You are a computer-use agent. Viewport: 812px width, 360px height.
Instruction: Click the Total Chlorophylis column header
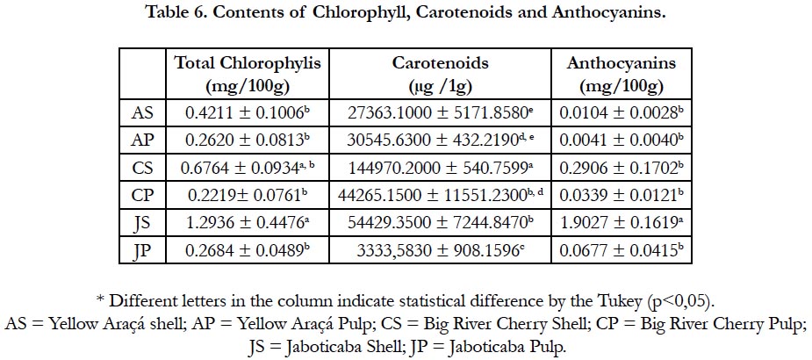tap(248, 74)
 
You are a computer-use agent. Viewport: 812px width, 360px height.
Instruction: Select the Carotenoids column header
tap(440, 74)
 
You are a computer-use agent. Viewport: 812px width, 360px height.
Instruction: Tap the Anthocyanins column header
tap(622, 74)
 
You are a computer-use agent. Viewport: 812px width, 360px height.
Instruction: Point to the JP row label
tap(143, 251)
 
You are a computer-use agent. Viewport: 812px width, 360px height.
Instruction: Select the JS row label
tap(143, 223)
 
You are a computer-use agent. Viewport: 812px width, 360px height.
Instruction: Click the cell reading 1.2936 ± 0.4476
tap(248, 223)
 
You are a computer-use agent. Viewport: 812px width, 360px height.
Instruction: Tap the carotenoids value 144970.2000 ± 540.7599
tap(440, 169)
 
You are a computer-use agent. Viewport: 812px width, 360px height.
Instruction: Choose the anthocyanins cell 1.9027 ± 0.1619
tap(622, 223)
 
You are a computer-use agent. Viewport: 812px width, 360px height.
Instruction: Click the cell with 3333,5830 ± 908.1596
tap(440, 250)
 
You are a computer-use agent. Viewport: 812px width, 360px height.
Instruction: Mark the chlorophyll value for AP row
tap(248, 140)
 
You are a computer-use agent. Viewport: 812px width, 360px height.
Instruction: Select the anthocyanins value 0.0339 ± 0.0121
tap(622, 196)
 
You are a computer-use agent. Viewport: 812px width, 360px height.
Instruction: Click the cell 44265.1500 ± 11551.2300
tap(440, 196)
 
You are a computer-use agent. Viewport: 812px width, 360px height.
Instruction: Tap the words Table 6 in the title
tap(176, 12)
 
